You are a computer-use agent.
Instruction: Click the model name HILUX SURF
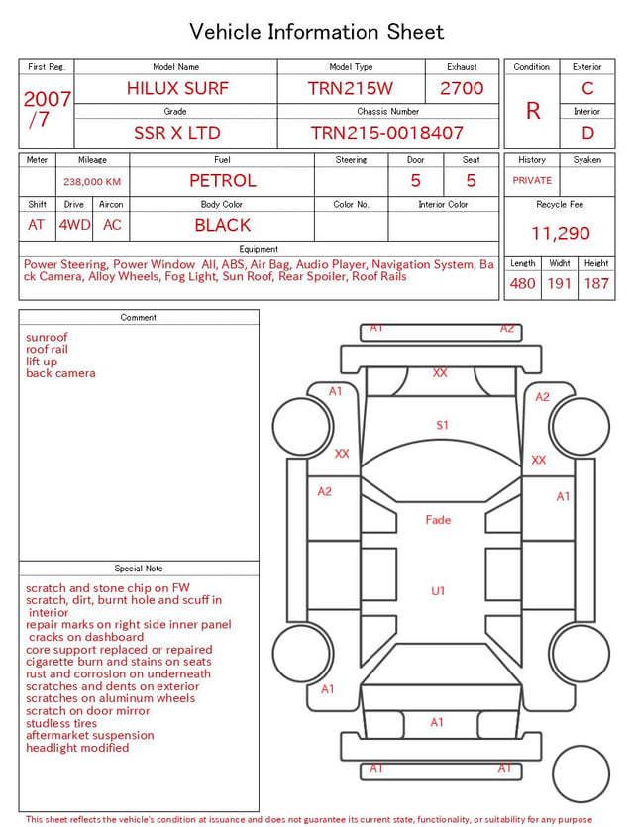tap(177, 88)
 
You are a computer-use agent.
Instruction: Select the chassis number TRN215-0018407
tap(386, 133)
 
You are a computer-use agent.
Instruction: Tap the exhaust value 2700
tap(462, 88)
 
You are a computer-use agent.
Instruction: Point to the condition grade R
tap(533, 111)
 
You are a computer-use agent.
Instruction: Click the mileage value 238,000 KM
tap(92, 182)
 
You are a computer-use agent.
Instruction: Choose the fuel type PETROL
tap(223, 181)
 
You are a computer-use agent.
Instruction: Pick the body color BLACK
tap(223, 225)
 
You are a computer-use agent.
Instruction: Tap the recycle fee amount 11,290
tap(560, 233)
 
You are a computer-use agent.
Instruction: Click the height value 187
tap(596, 283)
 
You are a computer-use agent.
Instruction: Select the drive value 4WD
tap(74, 225)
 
